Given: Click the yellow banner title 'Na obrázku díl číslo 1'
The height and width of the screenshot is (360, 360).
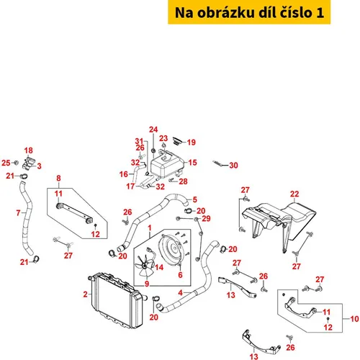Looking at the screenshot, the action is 249,12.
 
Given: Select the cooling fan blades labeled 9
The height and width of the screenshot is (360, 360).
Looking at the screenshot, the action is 143,266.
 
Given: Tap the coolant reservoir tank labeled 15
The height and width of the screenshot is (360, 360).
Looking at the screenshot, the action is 166,163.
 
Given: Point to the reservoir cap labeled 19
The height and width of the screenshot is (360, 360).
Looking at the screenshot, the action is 178,141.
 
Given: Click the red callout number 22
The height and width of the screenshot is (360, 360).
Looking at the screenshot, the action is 294,194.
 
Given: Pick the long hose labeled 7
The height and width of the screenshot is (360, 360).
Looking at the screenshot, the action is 27,218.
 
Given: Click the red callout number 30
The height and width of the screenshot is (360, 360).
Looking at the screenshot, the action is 233,166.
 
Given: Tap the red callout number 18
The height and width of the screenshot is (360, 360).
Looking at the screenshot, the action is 28,150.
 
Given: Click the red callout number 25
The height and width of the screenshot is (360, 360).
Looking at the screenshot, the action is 6,163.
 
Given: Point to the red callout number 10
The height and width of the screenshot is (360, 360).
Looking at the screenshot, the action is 354,319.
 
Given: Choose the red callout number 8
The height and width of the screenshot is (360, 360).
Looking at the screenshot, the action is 58,179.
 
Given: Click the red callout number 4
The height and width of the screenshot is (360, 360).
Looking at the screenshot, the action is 181,293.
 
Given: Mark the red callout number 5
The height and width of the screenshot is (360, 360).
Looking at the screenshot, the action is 195,199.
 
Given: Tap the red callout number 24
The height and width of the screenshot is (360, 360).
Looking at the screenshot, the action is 153,130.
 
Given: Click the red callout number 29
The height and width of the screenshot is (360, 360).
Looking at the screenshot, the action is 206,218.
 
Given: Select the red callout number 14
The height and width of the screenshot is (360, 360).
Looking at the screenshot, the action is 159,267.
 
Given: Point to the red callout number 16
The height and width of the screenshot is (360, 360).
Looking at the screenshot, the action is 124,174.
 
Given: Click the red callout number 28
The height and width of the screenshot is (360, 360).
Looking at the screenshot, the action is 183,181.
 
